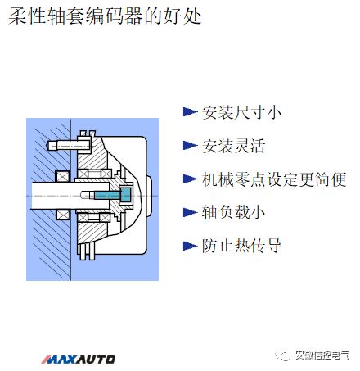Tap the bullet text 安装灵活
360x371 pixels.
(x=228, y=146)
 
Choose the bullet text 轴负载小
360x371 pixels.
(x=228, y=212)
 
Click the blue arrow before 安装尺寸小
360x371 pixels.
(x=190, y=112)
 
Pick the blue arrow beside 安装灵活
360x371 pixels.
(x=190, y=146)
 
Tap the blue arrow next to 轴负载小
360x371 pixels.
(x=190, y=212)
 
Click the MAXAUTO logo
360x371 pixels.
(x=79, y=359)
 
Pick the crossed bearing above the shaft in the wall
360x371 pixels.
(x=61, y=175)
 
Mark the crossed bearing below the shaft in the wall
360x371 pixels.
(x=61, y=215)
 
